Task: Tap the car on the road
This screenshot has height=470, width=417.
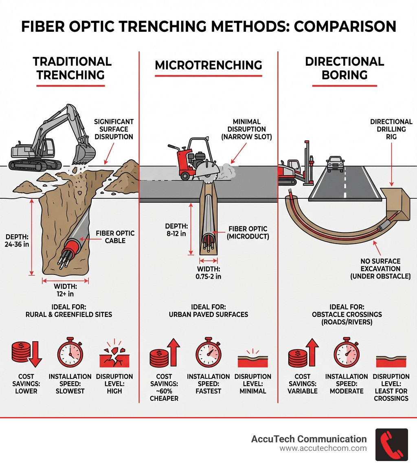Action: pos(335,164)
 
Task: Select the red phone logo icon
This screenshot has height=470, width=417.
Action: pos(391,444)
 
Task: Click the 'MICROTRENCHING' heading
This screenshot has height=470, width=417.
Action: pos(208,65)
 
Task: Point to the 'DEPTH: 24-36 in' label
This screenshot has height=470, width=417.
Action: pos(17,241)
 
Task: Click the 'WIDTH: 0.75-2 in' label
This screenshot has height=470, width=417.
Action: pos(208,273)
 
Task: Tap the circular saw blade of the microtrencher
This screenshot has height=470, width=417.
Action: pos(208,171)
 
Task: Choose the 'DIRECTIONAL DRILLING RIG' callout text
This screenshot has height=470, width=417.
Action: pos(391,129)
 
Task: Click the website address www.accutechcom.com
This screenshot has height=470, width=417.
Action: pos(323,448)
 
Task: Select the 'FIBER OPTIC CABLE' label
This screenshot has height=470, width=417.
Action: pos(115,237)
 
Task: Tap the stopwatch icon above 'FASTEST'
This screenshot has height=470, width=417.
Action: pos(208,352)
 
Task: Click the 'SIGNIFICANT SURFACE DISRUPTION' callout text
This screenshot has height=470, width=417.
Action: pos(114,129)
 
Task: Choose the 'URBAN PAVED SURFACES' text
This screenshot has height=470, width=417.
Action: pos(208,314)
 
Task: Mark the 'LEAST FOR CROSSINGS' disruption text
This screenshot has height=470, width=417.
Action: pos(391,395)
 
